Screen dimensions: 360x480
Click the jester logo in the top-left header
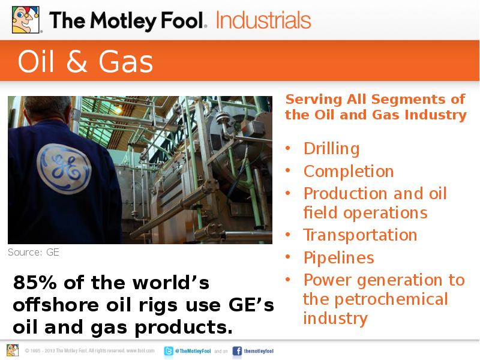[x=25, y=19]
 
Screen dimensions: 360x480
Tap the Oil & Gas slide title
[x=85, y=62]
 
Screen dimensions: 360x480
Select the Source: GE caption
[x=34, y=252]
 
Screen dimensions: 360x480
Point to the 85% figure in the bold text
[x=35, y=283]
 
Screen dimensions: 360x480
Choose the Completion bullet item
[x=349, y=171]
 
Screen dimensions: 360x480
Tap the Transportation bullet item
[x=360, y=235]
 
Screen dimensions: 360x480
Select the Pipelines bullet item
[x=338, y=257]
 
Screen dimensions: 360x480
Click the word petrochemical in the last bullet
[x=391, y=299]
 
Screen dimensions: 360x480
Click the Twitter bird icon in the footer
[x=169, y=351]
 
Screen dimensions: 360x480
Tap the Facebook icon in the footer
[x=237, y=351]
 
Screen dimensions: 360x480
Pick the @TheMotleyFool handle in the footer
[x=193, y=351]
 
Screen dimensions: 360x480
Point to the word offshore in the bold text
[x=54, y=305]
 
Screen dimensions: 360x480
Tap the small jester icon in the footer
[x=13, y=350]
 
